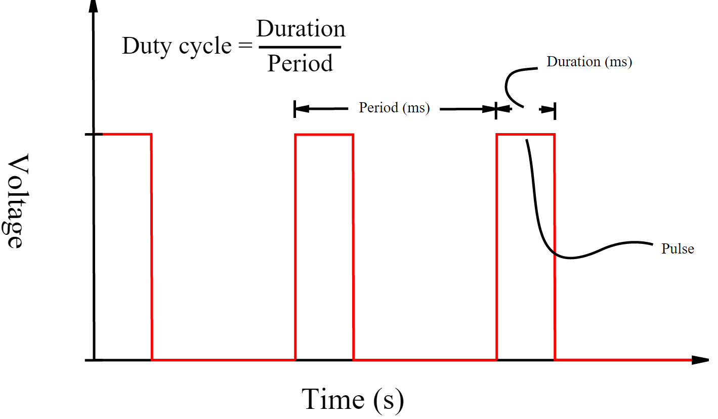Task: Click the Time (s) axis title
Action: [353, 400]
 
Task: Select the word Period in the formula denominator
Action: [300, 63]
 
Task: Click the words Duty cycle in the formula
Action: [177, 46]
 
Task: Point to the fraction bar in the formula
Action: [300, 47]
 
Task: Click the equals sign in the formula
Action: [245, 46]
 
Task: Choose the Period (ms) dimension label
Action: [394, 108]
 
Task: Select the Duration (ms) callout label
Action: [589, 62]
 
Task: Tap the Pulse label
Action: [678, 249]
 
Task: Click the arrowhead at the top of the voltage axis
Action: [93, 6]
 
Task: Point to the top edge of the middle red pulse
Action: [324, 135]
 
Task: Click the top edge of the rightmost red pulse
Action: [525, 135]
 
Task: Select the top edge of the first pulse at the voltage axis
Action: [126, 134]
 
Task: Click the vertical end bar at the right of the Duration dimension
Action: [555, 111]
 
